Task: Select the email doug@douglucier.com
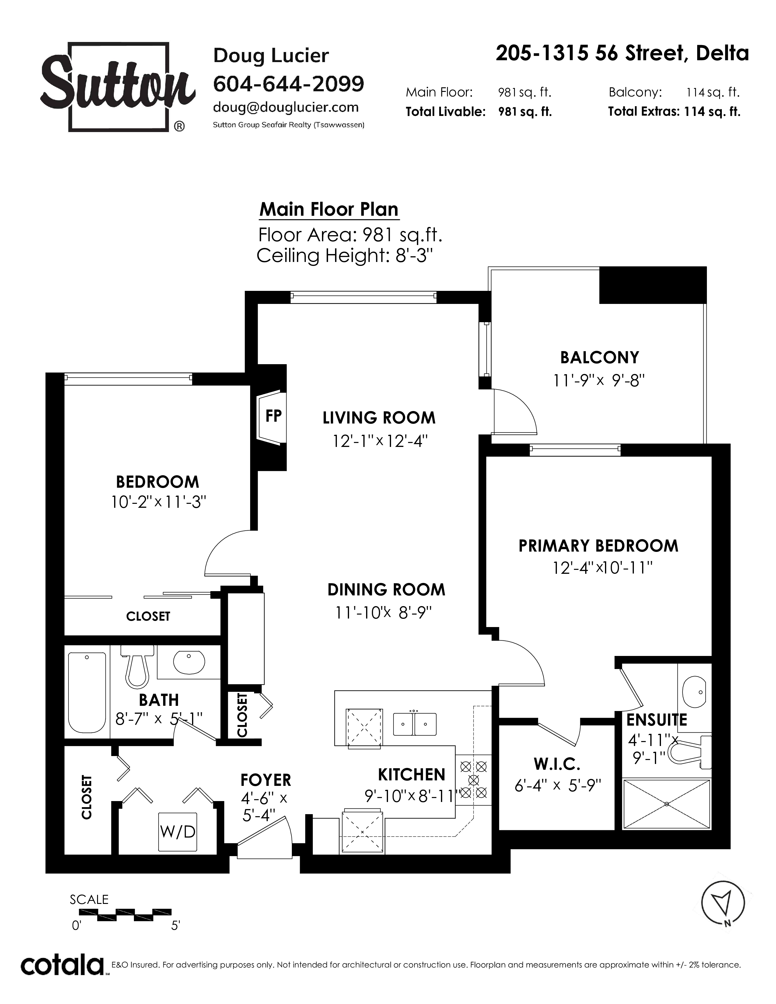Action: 285,108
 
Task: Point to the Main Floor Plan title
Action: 329,210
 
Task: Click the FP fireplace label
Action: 274,416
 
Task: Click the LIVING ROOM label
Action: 379,418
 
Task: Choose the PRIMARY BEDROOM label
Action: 598,546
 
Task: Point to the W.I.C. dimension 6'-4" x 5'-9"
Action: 558,786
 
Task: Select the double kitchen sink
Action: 415,724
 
